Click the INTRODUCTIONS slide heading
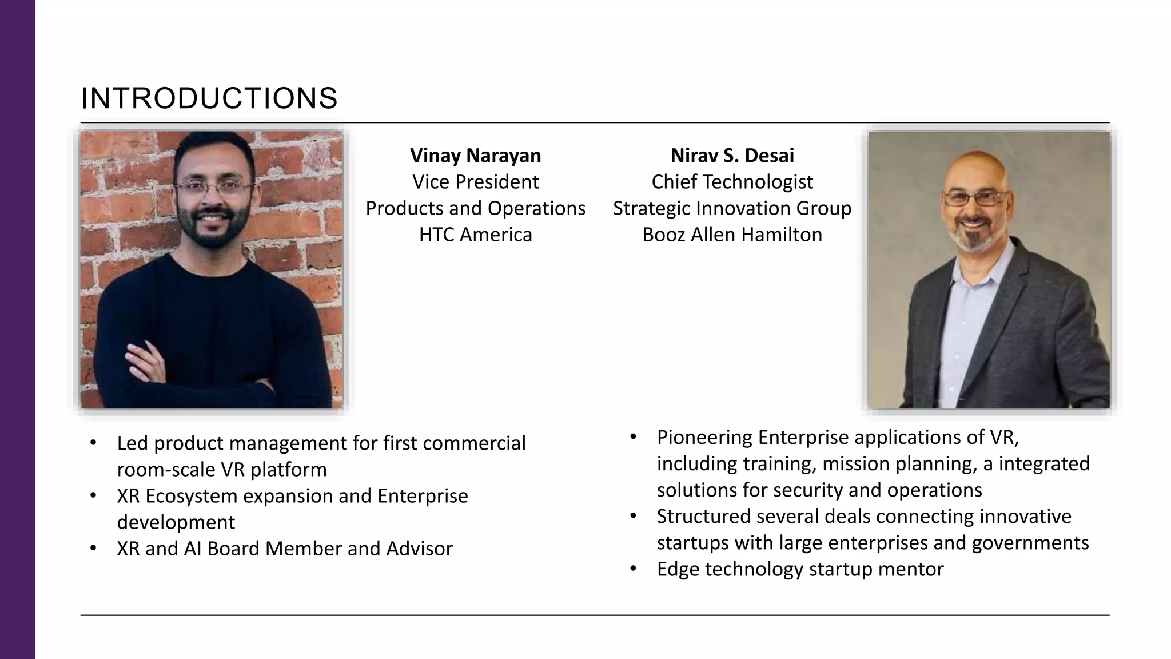[209, 98]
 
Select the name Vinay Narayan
[475, 156]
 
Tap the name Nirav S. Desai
[732, 156]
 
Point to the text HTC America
[475, 235]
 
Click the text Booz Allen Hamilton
[732, 235]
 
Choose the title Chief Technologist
[732, 182]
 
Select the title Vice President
[475, 182]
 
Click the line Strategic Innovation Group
[732, 208]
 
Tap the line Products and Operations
[475, 208]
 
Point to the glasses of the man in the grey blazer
[975, 199]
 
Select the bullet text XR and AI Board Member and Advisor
[284, 549]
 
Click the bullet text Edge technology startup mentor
[799, 569]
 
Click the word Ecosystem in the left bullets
[192, 496]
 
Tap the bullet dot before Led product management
[93, 443]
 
